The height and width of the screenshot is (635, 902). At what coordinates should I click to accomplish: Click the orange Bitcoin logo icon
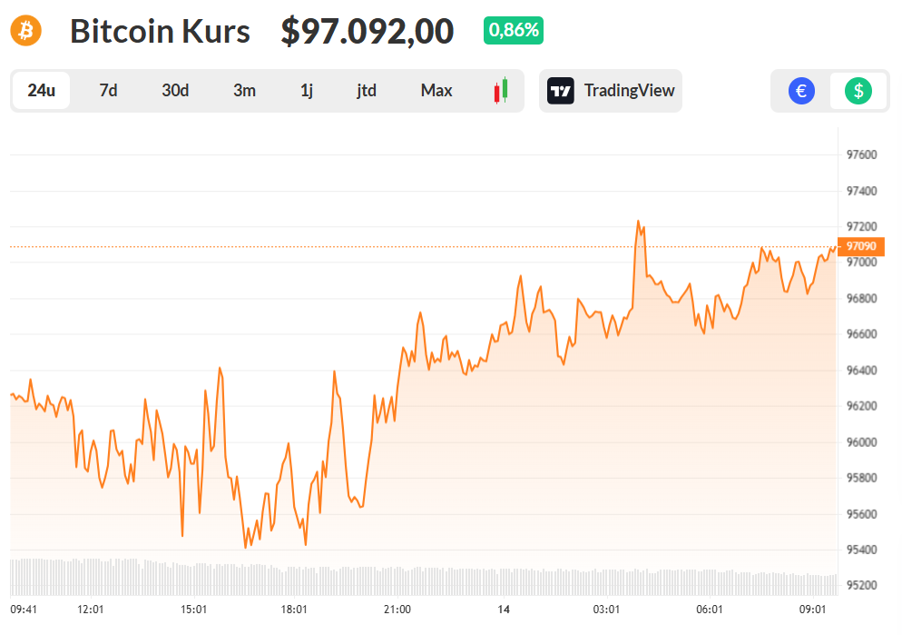click(26, 31)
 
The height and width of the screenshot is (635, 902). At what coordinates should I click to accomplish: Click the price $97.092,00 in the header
click(367, 32)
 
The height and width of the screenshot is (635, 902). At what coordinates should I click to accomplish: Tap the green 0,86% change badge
click(514, 30)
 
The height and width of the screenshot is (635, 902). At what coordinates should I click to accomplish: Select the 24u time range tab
click(42, 91)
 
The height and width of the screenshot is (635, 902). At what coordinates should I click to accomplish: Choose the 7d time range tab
click(108, 91)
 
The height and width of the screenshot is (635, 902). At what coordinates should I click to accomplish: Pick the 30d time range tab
click(175, 91)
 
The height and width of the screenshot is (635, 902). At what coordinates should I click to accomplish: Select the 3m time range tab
click(244, 91)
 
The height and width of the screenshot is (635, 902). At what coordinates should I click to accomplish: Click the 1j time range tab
click(307, 91)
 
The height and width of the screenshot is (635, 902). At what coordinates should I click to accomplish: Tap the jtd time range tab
click(367, 91)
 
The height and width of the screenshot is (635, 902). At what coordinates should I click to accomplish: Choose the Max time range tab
click(436, 91)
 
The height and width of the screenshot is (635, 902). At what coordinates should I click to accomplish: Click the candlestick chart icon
click(500, 91)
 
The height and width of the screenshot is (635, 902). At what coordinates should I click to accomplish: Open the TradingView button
click(611, 91)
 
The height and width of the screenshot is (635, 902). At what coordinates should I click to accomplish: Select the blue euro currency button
click(801, 91)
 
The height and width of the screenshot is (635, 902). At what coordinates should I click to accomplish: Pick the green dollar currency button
click(858, 91)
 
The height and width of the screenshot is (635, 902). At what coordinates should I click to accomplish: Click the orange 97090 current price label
click(860, 246)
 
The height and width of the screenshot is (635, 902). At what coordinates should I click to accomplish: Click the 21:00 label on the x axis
click(397, 609)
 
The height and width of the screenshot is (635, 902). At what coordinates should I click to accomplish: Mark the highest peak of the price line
click(638, 221)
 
